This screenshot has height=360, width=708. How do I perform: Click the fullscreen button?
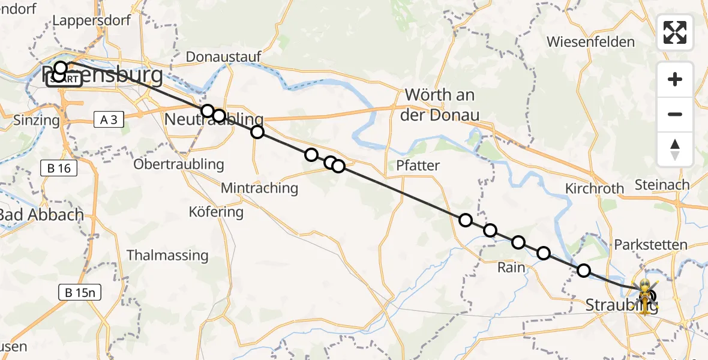675,32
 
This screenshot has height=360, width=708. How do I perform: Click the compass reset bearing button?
675,149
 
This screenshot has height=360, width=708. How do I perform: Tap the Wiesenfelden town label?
590,42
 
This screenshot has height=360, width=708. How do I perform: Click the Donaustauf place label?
223,56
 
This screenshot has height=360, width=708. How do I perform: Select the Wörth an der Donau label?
440,104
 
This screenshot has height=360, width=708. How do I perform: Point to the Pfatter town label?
418,166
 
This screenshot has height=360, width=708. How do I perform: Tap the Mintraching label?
259,188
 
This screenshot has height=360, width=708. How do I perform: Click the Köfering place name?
216,212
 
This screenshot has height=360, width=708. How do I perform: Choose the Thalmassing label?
167,255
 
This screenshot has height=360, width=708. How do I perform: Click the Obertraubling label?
179,164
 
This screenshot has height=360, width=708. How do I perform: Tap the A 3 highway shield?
109,120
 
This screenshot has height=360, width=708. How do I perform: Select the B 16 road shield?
59,168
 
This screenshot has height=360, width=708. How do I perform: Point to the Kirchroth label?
594,188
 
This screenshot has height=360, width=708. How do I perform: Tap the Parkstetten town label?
650,245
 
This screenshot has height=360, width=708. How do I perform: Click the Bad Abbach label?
41,214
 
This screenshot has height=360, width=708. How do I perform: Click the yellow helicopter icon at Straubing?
644,295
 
